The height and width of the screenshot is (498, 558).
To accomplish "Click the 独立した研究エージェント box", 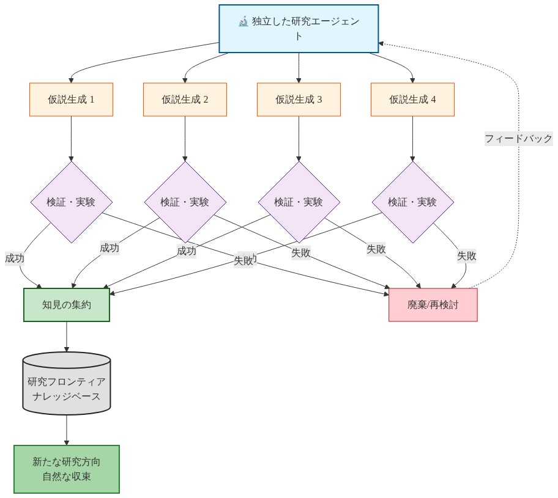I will (x=299, y=29).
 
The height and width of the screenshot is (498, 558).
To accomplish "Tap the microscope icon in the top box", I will (x=244, y=22).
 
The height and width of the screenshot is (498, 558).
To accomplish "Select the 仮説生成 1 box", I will (x=71, y=99).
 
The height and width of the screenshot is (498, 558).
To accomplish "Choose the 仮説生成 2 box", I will (x=185, y=99).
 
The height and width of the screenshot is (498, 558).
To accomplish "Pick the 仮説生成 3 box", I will (x=299, y=99).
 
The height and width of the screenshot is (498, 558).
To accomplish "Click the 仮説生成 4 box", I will (x=412, y=99).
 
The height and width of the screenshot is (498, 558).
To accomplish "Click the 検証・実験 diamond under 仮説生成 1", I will (x=71, y=202).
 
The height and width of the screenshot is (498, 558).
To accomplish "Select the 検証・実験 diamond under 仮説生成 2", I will (x=185, y=202).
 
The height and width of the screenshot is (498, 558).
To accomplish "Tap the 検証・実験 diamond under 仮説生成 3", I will (x=299, y=202).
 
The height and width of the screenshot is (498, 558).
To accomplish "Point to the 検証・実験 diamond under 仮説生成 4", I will (x=412, y=202).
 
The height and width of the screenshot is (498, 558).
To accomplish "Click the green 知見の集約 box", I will (x=67, y=305).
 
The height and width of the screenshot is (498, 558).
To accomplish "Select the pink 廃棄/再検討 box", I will (x=433, y=305).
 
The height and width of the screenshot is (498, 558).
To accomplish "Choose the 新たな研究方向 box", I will (x=67, y=469).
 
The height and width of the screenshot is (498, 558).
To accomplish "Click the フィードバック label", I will (x=518, y=139).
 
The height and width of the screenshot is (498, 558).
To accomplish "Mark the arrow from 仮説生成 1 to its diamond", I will (x=71, y=138).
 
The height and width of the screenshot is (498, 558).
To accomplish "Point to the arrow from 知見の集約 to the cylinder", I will (x=67, y=336).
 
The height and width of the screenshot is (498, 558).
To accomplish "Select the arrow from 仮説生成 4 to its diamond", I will (x=412, y=138).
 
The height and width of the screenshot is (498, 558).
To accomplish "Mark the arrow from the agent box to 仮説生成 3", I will (x=299, y=67).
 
